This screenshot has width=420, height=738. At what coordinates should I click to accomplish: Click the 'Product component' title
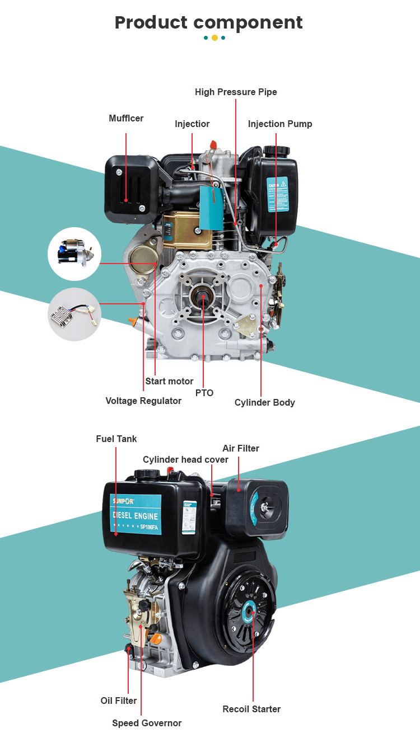tap(208, 23)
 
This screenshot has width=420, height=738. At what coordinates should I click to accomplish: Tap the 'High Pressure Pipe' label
tap(236, 92)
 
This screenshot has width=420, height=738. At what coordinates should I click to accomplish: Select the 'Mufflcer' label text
tap(126, 119)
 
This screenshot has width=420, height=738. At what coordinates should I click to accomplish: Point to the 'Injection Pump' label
tap(280, 124)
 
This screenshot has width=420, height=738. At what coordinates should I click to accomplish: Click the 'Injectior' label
tap(192, 124)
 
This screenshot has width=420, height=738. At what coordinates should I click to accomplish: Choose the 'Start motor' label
tap(169, 381)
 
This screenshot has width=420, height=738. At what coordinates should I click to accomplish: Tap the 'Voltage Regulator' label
tap(143, 401)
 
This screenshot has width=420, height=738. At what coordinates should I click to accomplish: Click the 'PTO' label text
tap(204, 393)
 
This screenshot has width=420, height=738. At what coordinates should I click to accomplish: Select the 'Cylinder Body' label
tap(264, 402)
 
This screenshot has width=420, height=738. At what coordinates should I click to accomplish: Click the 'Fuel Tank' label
tap(116, 439)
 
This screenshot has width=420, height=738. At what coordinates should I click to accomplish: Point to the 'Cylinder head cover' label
tap(185, 459)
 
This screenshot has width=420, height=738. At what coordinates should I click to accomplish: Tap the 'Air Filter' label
tap(241, 448)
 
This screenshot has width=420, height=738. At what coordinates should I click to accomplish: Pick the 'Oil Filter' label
tap(119, 701)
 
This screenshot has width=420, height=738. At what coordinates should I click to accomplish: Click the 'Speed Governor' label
tap(147, 723)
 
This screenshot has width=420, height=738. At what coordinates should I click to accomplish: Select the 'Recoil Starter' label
tap(251, 709)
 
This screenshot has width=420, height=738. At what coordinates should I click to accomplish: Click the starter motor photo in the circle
tap(74, 253)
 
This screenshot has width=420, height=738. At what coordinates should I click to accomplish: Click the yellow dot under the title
tap(214, 38)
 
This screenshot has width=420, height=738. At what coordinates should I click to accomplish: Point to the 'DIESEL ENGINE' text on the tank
tap(135, 516)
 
